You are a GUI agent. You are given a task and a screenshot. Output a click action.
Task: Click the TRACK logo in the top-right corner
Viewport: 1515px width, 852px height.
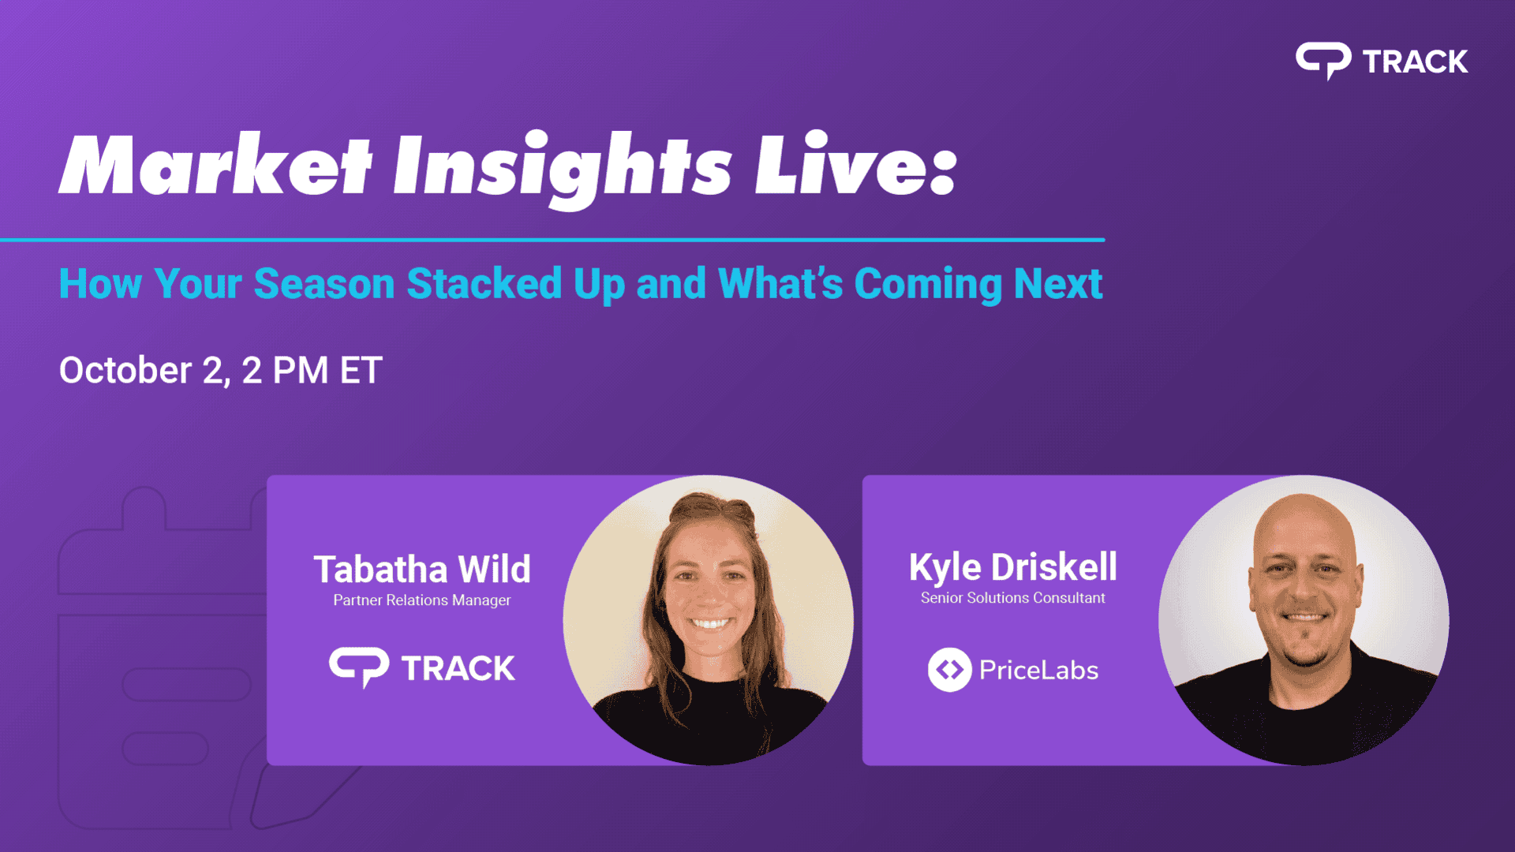click(1382, 61)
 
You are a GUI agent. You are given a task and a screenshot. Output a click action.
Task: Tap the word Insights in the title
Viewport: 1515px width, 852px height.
click(563, 168)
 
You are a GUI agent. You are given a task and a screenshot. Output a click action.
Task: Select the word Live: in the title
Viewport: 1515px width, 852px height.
click(856, 163)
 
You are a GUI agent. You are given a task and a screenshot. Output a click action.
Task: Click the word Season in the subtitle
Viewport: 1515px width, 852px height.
click(324, 284)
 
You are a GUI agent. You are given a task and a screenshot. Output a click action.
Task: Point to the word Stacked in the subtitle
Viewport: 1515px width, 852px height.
click(484, 283)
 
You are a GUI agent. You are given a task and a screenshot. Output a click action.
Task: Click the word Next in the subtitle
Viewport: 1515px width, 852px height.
click(1058, 284)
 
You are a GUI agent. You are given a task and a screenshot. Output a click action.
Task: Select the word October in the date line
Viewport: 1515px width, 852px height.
click(125, 370)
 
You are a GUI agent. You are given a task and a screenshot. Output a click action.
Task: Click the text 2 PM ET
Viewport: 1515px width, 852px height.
click(312, 370)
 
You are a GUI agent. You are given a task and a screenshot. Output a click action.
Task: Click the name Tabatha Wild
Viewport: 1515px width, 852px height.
click(422, 569)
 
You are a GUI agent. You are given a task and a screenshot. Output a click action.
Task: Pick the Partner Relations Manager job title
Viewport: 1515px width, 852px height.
click(422, 600)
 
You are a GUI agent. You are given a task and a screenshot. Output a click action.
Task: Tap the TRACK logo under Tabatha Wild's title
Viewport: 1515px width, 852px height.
click(422, 668)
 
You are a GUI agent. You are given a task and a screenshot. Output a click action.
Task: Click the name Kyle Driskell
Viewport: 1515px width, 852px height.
click(1013, 567)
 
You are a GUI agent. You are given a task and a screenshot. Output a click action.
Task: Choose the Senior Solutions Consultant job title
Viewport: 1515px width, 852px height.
click(1013, 598)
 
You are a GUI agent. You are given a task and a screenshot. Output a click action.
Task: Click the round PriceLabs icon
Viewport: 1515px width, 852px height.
click(949, 670)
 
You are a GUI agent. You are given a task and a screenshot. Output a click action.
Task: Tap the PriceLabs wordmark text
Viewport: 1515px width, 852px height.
click(1038, 671)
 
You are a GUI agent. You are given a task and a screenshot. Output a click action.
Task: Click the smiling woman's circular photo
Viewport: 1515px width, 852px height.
click(708, 620)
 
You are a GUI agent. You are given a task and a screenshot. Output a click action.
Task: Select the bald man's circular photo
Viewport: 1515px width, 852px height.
click(1304, 620)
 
